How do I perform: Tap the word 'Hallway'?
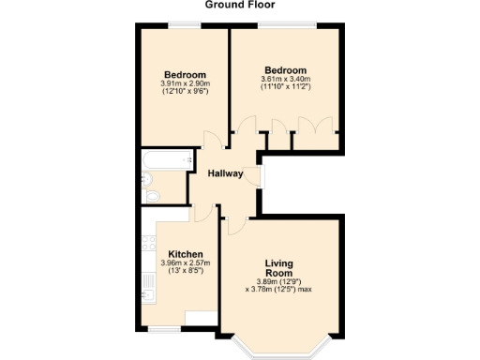click(225, 173)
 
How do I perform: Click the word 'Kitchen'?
click(186, 254)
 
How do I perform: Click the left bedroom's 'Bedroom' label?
click(185, 75)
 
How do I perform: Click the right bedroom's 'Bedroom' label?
click(285, 70)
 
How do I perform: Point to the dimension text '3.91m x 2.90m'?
click(185, 84)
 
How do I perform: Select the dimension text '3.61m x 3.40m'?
click(285, 80)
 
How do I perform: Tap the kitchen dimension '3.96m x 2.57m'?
click(186, 263)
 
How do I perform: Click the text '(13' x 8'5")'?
click(186, 272)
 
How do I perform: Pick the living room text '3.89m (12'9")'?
click(279, 282)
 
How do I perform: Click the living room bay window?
click(279, 350)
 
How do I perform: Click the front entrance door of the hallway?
click(261, 175)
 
